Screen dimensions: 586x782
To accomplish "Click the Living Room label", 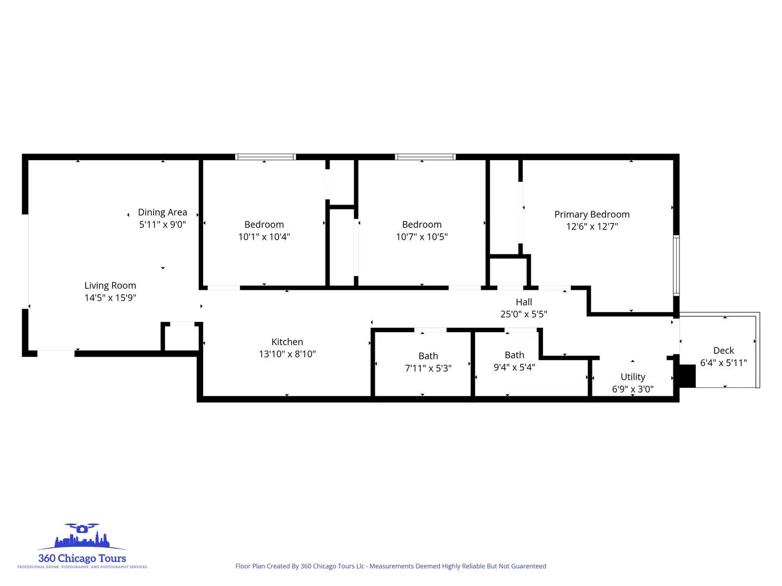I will pyautogui.click(x=110, y=285).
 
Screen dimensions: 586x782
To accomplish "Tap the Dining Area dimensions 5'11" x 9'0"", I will pyautogui.click(x=162, y=225).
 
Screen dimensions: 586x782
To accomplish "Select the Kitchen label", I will pyautogui.click(x=287, y=342).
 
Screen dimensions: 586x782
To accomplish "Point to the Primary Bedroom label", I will pyautogui.click(x=592, y=214).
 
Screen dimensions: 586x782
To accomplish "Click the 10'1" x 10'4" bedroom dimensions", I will pyautogui.click(x=264, y=237).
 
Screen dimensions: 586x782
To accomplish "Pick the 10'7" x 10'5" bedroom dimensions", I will pyautogui.click(x=422, y=237).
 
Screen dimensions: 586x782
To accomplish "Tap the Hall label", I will pyautogui.click(x=524, y=302).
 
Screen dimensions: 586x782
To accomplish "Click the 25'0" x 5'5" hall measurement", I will pyautogui.click(x=524, y=314).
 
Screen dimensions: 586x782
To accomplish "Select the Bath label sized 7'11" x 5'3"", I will pyautogui.click(x=428, y=356).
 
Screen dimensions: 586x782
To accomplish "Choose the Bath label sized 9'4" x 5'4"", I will pyautogui.click(x=514, y=355).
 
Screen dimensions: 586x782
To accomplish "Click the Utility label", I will pyautogui.click(x=633, y=377).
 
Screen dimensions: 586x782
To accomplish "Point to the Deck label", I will pyautogui.click(x=723, y=351).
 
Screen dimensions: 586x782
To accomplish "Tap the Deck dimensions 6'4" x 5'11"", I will pyautogui.click(x=723, y=362).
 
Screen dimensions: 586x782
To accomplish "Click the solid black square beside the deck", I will pyautogui.click(x=687, y=376).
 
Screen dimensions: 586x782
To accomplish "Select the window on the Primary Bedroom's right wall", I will pyautogui.click(x=676, y=265).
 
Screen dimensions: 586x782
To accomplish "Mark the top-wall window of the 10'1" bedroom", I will pyautogui.click(x=266, y=157).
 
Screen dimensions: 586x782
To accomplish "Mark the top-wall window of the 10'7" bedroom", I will pyautogui.click(x=425, y=157).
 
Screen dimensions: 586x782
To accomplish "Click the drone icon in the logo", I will pyautogui.click(x=81, y=528).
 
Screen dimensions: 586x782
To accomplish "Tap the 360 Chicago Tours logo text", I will pyautogui.click(x=82, y=558).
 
